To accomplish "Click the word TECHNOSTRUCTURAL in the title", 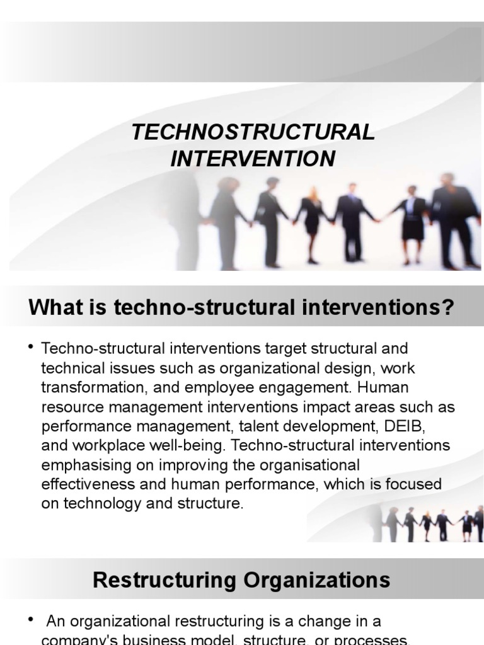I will coord(253,132).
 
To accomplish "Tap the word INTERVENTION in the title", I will coord(253,159).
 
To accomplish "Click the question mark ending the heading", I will coord(448,308).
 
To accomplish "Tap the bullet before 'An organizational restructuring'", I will coord(30,621).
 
